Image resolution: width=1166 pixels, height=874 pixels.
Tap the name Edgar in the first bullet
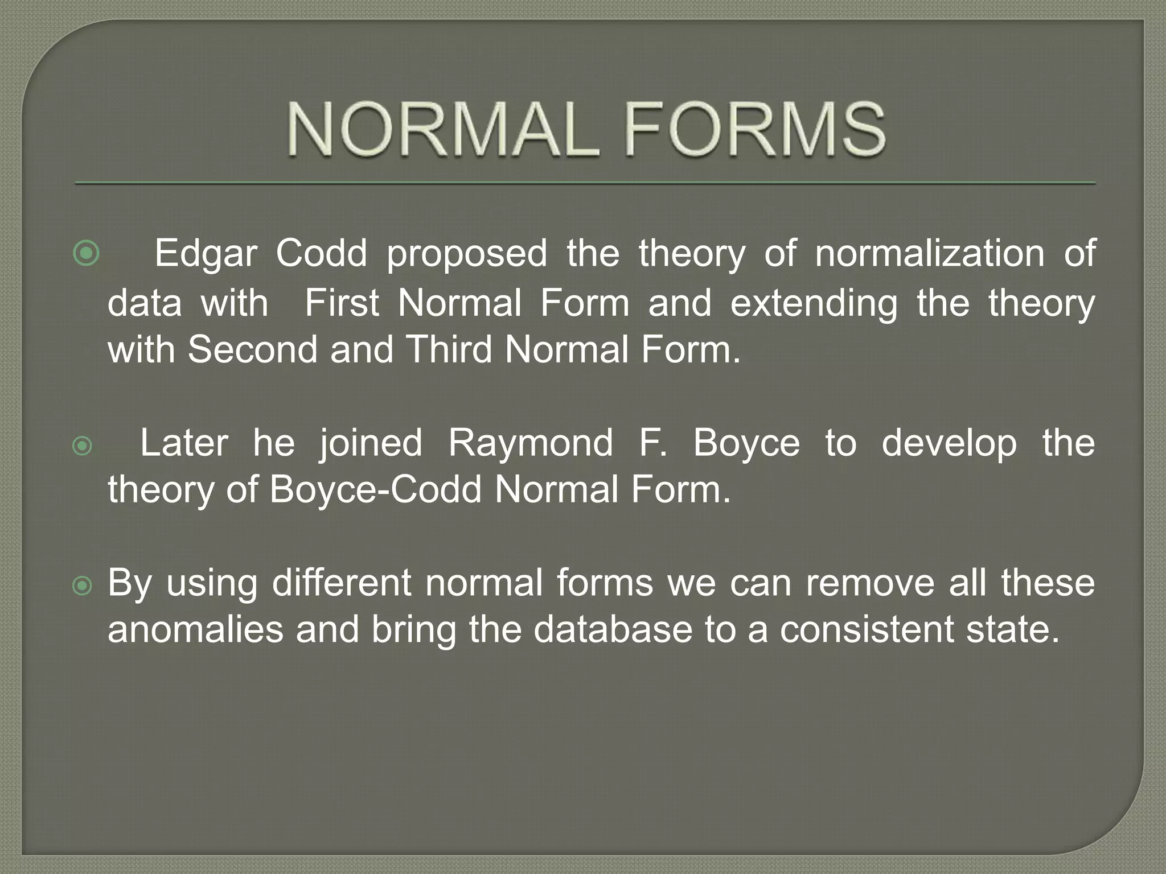coord(206,253)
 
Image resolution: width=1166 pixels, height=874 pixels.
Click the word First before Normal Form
coord(342,303)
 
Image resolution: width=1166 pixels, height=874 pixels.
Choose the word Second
coord(252,349)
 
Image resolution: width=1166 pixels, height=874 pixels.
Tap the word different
coord(342,583)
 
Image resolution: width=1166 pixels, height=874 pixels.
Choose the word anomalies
coord(195,630)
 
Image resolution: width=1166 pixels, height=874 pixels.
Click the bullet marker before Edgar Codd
coord(86,253)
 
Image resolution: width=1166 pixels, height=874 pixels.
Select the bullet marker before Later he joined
coord(83,446)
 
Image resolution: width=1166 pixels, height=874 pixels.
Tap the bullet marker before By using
coord(83,586)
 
